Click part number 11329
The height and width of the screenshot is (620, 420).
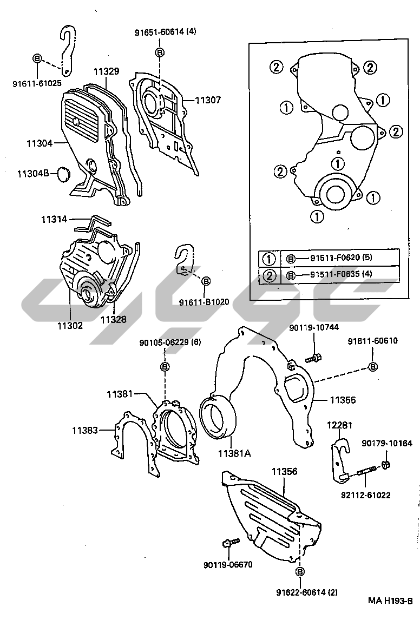[106, 71]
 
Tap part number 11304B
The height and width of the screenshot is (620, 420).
[34, 173]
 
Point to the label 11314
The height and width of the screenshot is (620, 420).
[54, 220]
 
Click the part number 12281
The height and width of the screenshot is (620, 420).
[340, 426]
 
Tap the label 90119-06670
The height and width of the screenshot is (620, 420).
[228, 565]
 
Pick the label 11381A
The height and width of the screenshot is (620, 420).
[234, 454]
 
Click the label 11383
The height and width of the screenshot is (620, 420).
[85, 431]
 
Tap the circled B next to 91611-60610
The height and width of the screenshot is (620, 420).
[373, 367]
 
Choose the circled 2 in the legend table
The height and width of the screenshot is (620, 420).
[269, 276]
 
